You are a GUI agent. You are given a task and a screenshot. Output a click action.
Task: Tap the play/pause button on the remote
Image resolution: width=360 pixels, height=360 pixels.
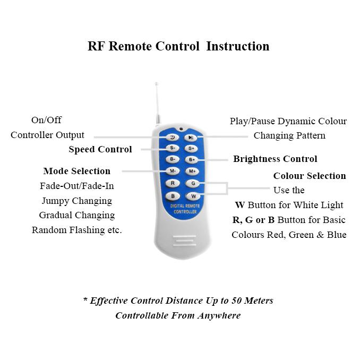click(191, 137)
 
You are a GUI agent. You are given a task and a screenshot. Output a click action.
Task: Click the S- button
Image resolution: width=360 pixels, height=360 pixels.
click(172, 148)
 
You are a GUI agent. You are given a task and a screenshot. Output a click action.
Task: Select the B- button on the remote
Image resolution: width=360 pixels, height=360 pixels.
click(172, 159)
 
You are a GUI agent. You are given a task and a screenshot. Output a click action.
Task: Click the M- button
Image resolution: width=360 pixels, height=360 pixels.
click(172, 171)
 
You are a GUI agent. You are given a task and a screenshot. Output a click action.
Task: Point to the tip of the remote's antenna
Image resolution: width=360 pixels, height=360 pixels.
click(156, 83)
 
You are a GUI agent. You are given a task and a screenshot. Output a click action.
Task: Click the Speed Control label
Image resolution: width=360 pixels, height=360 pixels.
click(100, 149)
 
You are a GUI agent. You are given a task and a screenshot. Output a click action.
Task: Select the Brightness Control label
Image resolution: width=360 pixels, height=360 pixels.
click(275, 159)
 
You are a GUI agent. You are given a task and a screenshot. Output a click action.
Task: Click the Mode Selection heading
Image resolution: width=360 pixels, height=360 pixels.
click(77, 171)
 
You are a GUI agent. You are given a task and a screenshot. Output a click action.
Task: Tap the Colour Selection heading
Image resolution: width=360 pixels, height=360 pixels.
click(310, 176)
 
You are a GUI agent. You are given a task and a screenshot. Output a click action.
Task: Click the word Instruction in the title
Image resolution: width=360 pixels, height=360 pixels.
click(237, 46)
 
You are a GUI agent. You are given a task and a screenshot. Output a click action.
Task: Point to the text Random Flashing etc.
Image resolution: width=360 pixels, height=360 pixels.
click(77, 230)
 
